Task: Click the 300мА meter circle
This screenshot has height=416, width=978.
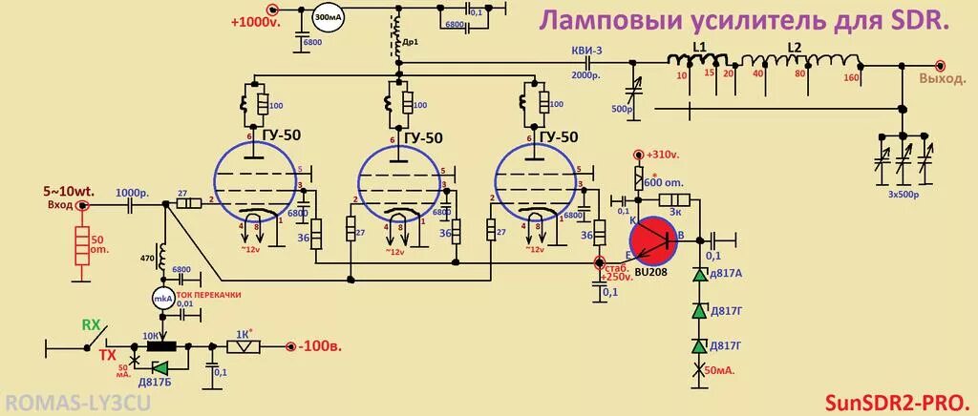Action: click(x=330, y=18)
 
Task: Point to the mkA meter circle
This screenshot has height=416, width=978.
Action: click(x=161, y=299)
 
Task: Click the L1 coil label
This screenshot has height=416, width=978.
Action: click(x=699, y=47)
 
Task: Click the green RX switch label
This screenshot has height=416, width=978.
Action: click(x=91, y=324)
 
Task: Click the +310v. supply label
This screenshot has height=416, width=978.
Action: click(x=662, y=155)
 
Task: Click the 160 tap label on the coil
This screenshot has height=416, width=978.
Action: click(x=851, y=78)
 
